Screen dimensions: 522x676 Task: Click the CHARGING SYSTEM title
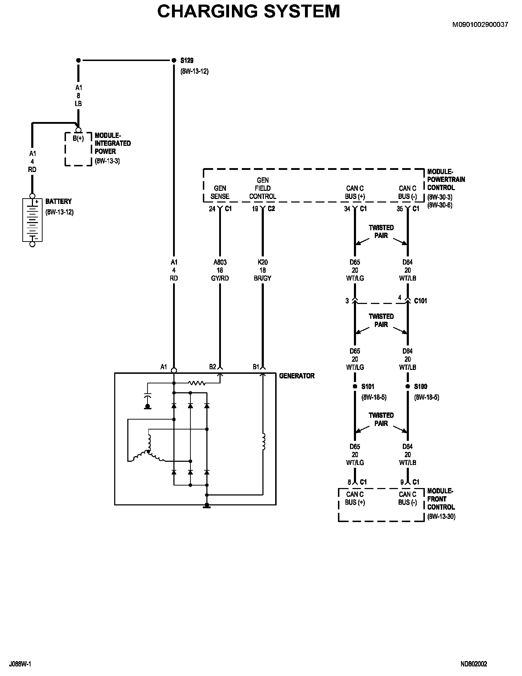(x=249, y=11)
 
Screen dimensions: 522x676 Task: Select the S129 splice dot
(x=174, y=60)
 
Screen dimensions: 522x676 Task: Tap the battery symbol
(x=32, y=220)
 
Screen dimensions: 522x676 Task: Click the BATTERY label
(x=59, y=201)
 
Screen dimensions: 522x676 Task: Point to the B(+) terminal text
(x=78, y=139)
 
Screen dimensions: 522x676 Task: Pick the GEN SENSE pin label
(x=220, y=192)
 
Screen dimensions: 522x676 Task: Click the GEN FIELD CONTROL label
(x=262, y=188)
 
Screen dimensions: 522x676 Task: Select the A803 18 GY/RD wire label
(x=220, y=270)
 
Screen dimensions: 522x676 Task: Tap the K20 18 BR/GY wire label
(x=263, y=270)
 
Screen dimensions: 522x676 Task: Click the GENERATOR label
(x=297, y=376)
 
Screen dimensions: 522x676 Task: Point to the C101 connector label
(x=421, y=301)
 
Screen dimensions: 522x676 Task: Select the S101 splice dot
(x=355, y=386)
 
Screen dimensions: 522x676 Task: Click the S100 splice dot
(x=407, y=386)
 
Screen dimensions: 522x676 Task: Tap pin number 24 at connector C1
(x=212, y=209)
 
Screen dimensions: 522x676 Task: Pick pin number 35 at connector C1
(x=400, y=209)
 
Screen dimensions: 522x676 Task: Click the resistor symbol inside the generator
(x=197, y=383)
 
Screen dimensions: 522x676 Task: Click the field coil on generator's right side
(x=263, y=442)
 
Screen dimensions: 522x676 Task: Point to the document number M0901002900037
(x=481, y=24)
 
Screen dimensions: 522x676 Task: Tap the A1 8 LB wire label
(x=78, y=96)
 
